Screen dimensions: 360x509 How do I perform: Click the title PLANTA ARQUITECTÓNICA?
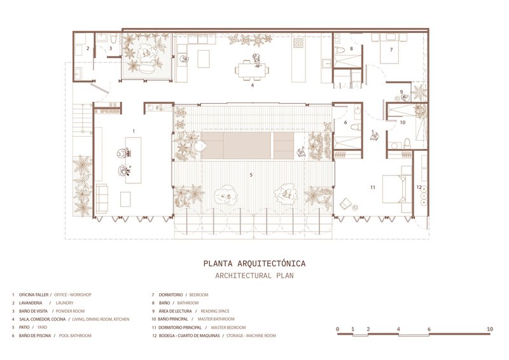point(254,263)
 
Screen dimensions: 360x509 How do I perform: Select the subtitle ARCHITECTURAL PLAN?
point(254,276)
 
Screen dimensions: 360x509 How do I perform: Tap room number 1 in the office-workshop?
point(134,131)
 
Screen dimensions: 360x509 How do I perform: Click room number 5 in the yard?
point(251,174)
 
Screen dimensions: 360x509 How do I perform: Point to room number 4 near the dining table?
point(253,85)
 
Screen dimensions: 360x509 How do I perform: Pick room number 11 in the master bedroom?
point(373,187)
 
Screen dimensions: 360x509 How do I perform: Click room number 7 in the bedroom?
point(391,49)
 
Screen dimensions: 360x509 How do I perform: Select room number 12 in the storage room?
point(419,187)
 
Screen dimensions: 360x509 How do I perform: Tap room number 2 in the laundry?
point(88,48)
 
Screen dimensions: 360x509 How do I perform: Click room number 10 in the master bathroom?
point(402,121)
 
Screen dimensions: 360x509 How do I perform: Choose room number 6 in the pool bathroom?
point(346,122)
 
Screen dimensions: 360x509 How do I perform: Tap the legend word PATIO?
point(25,327)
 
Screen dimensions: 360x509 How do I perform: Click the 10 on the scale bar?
point(490,329)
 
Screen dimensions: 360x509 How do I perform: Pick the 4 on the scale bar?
point(398,329)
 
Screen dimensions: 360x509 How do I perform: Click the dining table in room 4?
point(253,68)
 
